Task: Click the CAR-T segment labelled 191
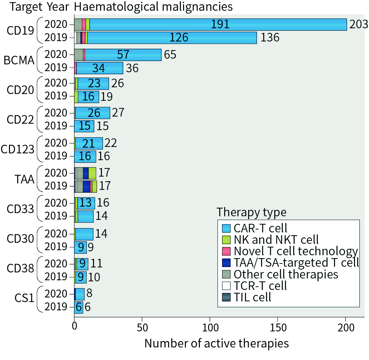pos(218,25)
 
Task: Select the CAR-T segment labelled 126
pos(172,38)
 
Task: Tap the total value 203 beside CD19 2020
pos(358,25)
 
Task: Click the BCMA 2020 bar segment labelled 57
pos(123,55)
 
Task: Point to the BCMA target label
pos(19,60)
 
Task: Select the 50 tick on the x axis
pos(142,327)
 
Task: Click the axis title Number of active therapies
pos(216,344)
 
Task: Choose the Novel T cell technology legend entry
pos(295,251)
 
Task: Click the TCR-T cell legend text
pos(260,286)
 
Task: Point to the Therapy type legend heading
pos(251,212)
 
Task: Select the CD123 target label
pos(18,149)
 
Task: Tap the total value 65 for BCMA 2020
pos(170,55)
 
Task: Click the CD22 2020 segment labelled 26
pos(93,113)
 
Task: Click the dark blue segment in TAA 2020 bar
pos(86,173)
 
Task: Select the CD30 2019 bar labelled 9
pos(80,247)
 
